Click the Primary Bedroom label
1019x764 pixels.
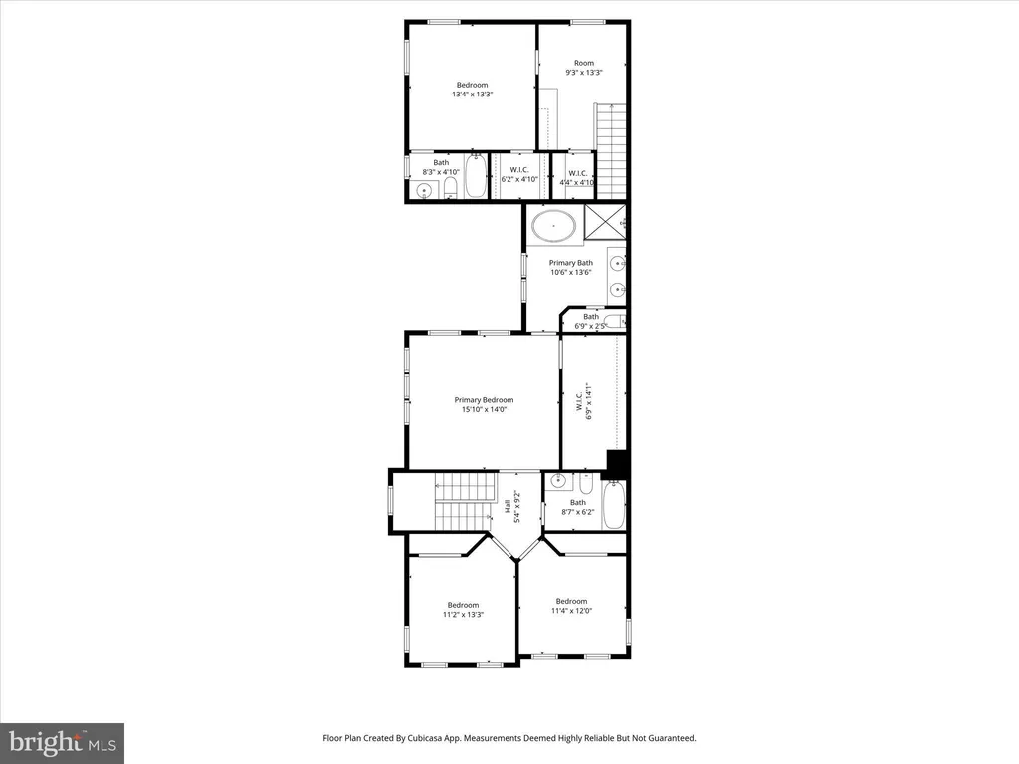[484, 400]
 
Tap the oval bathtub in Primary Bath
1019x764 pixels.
[553, 226]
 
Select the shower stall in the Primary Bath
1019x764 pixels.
[605, 222]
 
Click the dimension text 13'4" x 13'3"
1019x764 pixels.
[473, 95]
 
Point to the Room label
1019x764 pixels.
[583, 63]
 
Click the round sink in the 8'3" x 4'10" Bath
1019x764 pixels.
[424, 191]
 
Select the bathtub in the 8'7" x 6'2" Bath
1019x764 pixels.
[613, 505]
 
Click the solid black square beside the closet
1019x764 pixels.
[616, 464]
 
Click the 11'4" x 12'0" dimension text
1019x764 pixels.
[571, 611]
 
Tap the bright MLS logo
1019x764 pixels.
[62, 743]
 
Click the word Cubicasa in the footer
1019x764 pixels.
[429, 738]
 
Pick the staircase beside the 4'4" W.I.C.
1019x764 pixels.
[611, 151]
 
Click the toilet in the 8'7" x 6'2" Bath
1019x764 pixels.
[586, 483]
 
